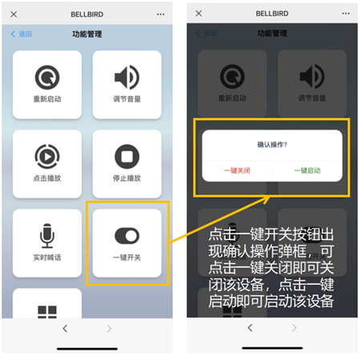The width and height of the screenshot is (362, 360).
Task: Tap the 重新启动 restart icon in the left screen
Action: click(47, 78)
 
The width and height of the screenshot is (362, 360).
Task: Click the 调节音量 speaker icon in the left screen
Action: click(127, 78)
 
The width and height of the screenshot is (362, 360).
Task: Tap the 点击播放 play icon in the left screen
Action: click(47, 157)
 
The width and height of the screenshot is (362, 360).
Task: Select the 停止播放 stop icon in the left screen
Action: click(127, 157)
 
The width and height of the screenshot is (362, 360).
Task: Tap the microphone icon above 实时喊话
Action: click(47, 236)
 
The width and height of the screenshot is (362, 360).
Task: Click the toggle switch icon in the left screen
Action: click(127, 236)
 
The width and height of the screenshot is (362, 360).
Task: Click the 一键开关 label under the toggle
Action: click(127, 258)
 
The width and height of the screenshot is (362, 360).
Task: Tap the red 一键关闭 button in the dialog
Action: click(237, 170)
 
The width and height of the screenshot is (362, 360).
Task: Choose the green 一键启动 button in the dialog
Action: click(308, 170)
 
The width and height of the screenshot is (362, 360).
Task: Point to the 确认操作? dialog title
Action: click(272, 145)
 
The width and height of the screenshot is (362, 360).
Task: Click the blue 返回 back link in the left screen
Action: click(22, 34)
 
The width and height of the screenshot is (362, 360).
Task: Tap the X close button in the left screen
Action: click(14, 14)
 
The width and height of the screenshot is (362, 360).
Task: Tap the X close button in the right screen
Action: click(199, 14)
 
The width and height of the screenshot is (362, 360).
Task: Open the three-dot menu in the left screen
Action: click(160, 14)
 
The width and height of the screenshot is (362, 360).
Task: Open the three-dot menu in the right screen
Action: click(346, 14)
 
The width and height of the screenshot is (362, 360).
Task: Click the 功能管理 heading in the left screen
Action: click(87, 34)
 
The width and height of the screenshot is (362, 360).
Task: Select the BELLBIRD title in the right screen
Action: click(272, 14)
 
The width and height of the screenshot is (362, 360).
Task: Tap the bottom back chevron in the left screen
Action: click(65, 328)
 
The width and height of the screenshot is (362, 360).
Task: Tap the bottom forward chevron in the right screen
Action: click(294, 327)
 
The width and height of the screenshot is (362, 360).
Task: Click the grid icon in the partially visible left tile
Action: click(47, 312)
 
